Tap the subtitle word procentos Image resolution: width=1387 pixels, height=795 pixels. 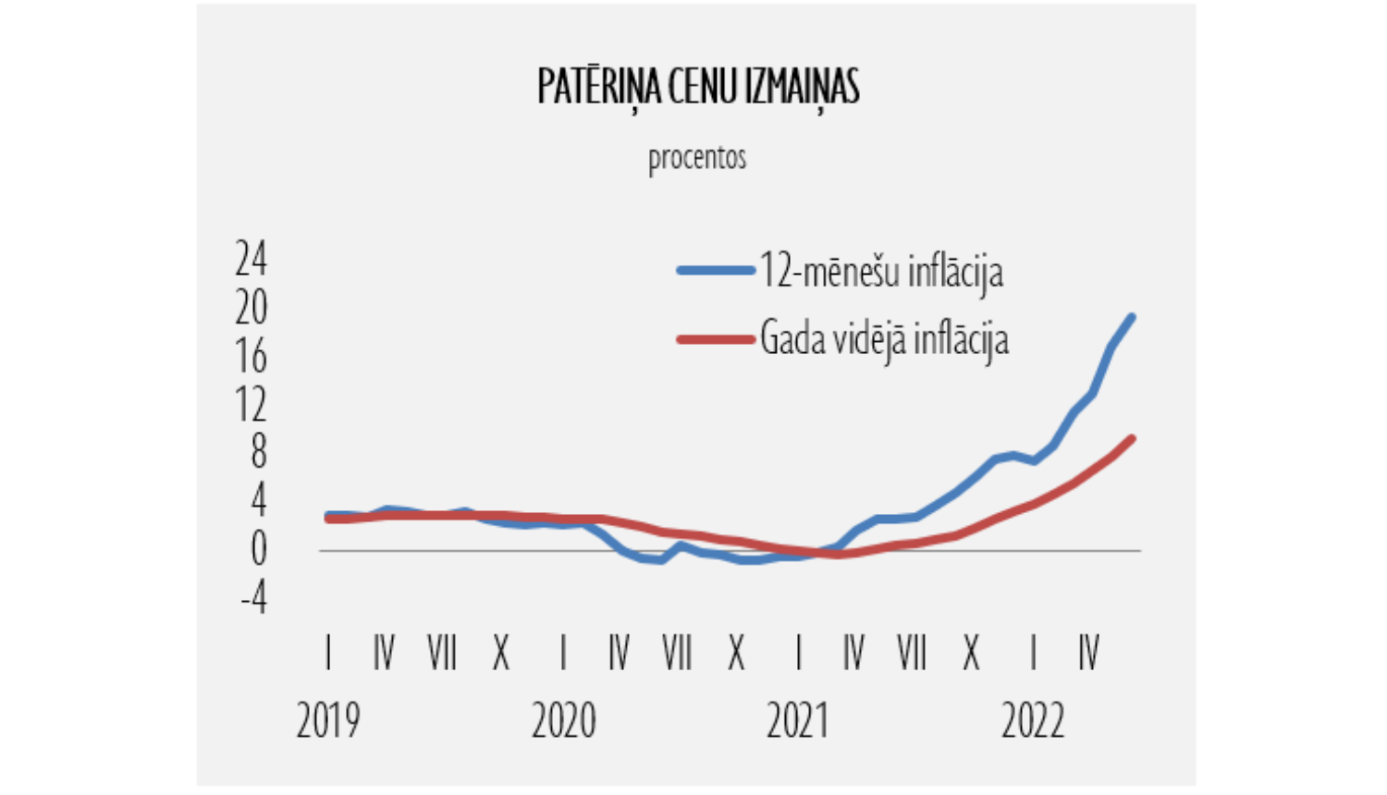click(697, 158)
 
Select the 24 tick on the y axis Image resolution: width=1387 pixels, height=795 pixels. click(251, 259)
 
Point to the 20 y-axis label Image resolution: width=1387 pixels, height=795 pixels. click(251, 308)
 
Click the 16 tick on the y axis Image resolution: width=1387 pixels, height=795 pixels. click(251, 357)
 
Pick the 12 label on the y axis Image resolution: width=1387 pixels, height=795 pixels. click(251, 405)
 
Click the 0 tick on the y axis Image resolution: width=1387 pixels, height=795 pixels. click(258, 549)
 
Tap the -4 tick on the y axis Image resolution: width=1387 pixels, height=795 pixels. click(253, 598)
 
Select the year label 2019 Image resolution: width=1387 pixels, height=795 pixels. click(328, 721)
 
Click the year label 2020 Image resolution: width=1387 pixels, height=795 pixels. click(563, 721)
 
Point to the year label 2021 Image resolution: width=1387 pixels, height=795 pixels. click(798, 721)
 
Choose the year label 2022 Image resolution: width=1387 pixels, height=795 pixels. click(1033, 721)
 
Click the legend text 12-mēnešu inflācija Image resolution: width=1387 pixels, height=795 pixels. click(881, 272)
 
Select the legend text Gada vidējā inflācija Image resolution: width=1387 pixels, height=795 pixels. click(884, 339)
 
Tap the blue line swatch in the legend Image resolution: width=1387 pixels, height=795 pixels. click(716, 271)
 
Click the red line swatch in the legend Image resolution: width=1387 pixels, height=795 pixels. click(716, 339)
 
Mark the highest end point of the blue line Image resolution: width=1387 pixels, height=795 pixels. click(1132, 317)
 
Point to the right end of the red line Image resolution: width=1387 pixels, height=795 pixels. click(1132, 438)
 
